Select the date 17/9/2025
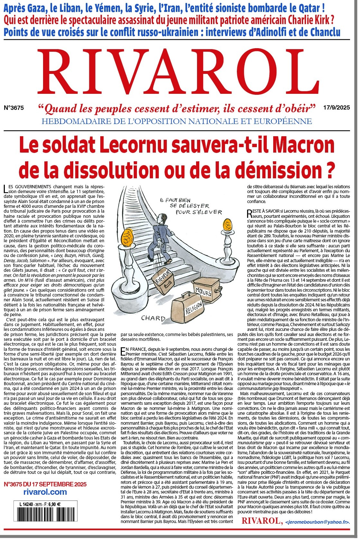[x=337, y=108]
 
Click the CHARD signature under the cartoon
[x=153, y=318]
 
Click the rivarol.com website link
[x=45, y=492]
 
